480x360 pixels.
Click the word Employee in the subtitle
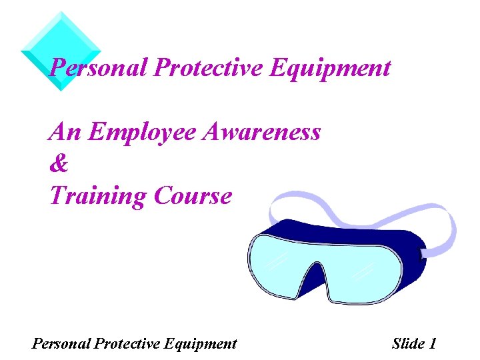pos(144,132)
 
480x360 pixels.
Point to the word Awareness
pos(263,132)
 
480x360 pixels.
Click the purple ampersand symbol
pos(59,164)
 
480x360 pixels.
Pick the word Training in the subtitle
pos(98,196)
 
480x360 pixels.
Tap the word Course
pos(193,196)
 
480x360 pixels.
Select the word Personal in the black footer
pos(61,344)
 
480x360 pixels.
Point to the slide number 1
pos(433,344)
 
